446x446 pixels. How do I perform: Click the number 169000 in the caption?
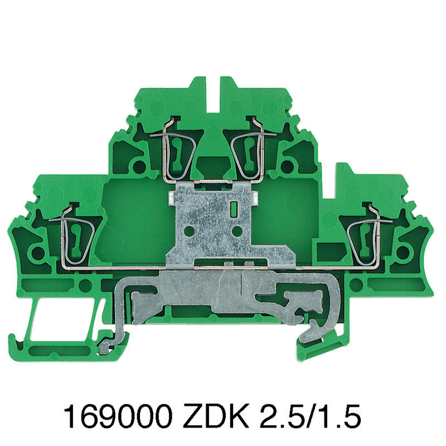point(118,418)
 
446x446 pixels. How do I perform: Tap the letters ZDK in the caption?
point(216,418)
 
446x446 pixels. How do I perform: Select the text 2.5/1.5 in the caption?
point(311,418)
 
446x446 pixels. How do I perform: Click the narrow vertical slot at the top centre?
point(213,94)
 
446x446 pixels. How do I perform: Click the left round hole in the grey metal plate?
point(188,231)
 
